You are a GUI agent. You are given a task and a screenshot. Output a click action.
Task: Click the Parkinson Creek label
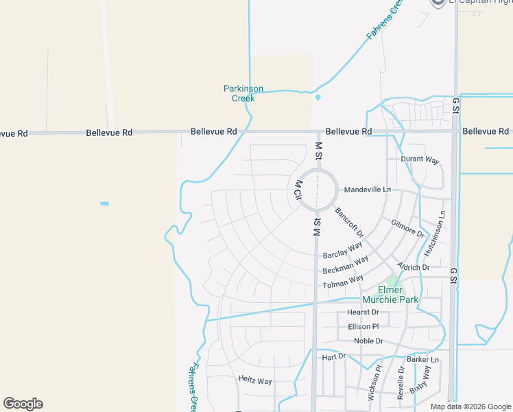click(x=243, y=93)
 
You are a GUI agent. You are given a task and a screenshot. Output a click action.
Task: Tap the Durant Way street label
click(x=419, y=159)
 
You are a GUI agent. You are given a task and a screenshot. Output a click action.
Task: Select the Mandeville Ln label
click(x=367, y=190)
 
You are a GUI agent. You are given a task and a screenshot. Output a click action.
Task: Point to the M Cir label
click(x=298, y=190)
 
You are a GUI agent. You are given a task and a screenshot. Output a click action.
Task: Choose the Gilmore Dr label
click(x=407, y=228)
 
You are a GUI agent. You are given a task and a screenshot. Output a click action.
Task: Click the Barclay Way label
click(x=342, y=249)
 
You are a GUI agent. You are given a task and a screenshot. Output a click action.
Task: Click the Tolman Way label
click(x=343, y=281)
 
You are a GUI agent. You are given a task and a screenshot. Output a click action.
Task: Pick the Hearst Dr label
click(x=363, y=312)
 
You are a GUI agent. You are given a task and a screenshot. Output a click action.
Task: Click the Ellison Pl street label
click(x=363, y=326)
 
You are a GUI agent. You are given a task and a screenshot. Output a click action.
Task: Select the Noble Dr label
click(x=368, y=341)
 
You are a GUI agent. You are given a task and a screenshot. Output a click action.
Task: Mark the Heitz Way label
click(x=255, y=380)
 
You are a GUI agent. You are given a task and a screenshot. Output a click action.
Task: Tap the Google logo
click(x=23, y=404)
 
